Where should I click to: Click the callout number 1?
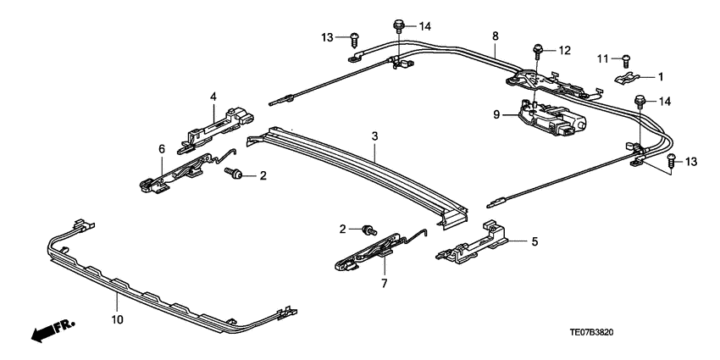pyautogui.click(x=662, y=76)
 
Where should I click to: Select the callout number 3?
pyautogui.click(x=374, y=136)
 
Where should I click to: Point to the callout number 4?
pyautogui.click(x=213, y=96)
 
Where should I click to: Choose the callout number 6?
pyautogui.click(x=161, y=148)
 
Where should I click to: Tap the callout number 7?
pyautogui.click(x=383, y=283)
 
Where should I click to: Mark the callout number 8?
pyautogui.click(x=495, y=36)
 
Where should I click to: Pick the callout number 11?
pyautogui.click(x=604, y=58)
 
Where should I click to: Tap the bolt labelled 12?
pyautogui.click(x=537, y=51)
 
